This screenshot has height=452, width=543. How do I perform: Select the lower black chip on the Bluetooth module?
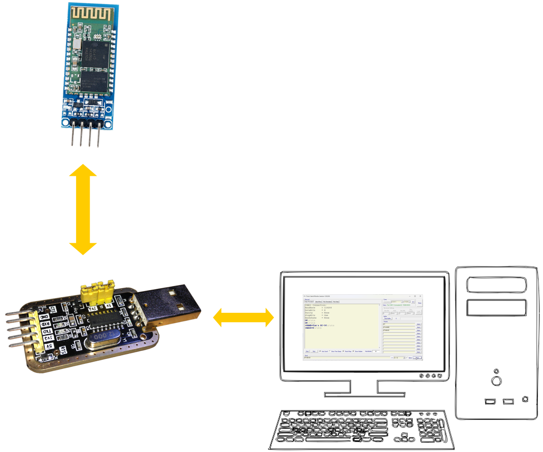[95, 80]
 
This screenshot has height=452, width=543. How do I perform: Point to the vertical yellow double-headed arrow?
[83, 209]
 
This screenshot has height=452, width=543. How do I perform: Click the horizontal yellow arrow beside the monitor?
[243, 317]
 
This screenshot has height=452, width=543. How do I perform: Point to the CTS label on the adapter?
[53, 310]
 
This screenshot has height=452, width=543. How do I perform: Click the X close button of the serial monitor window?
[420, 296]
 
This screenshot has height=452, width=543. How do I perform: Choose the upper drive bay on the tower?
[497, 285]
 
